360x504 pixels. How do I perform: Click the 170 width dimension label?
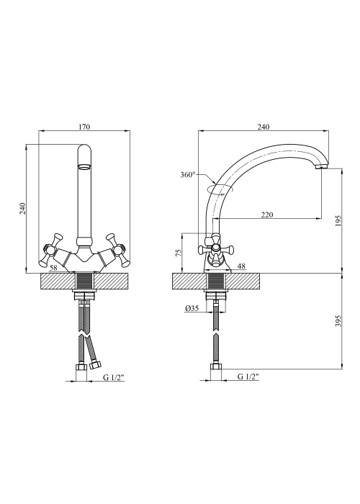pyautogui.click(x=84, y=127)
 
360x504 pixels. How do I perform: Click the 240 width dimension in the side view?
pyautogui.click(x=264, y=127)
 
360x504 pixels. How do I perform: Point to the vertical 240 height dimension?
pyautogui.click(x=22, y=210)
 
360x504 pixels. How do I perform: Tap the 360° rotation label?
pyautogui.click(x=188, y=175)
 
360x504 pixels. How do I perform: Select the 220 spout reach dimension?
pyautogui.click(x=267, y=215)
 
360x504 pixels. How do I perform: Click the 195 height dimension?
pyautogui.click(x=338, y=221)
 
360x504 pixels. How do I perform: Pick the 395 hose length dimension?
pyautogui.click(x=338, y=321)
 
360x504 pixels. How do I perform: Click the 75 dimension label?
pyautogui.click(x=179, y=252)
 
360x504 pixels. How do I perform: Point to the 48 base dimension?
pyautogui.click(x=241, y=266)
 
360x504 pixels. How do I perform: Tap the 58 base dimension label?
pyautogui.click(x=53, y=267)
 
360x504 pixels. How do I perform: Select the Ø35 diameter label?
pyautogui.click(x=192, y=309)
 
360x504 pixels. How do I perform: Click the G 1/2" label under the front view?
pyautogui.click(x=114, y=378)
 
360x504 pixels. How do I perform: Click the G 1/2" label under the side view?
pyautogui.click(x=248, y=377)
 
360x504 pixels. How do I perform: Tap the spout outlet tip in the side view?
pyautogui.click(x=321, y=168)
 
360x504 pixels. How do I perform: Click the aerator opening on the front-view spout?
pyautogui.click(x=84, y=167)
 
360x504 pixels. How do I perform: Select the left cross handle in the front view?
pyautogui.click(x=51, y=250)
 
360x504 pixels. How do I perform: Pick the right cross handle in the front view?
pyautogui.click(x=117, y=250)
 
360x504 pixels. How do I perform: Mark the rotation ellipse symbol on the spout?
pyautogui.click(x=220, y=189)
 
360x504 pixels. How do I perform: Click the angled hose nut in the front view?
pyautogui.click(x=96, y=364)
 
